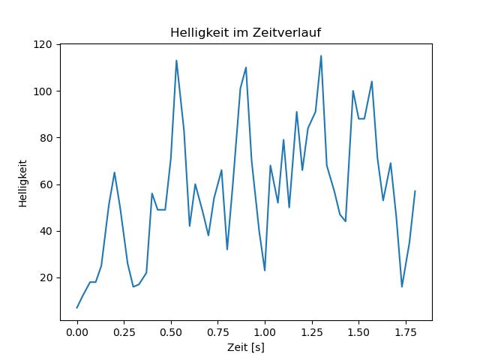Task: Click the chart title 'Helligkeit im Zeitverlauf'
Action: (x=245, y=32)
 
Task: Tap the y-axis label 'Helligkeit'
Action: (x=23, y=183)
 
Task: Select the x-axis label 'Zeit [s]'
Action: (x=246, y=347)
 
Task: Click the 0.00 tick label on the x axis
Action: (x=77, y=332)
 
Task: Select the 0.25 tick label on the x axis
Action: (x=124, y=332)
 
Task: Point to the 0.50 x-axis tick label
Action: (x=171, y=332)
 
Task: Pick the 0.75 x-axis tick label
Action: (x=218, y=332)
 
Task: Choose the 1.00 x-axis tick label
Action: (x=265, y=332)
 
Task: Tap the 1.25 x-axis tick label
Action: (x=312, y=332)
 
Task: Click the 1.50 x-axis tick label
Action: (x=358, y=332)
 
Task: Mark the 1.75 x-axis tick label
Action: (x=406, y=332)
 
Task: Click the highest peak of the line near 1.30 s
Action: (x=321, y=55)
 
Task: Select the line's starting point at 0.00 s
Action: (x=77, y=308)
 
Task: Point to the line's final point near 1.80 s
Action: (x=415, y=191)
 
